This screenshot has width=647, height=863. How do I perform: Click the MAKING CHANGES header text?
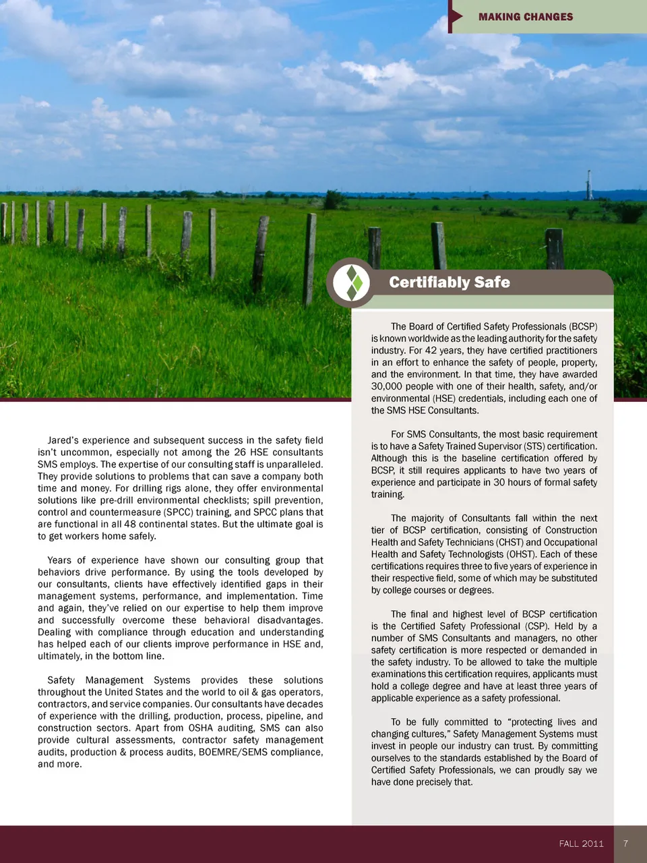(526, 17)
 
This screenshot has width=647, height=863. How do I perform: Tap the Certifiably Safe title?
(450, 282)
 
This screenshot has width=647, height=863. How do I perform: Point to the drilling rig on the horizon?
(589, 185)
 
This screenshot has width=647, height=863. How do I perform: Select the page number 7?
(626, 843)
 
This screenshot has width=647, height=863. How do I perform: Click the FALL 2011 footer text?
(581, 843)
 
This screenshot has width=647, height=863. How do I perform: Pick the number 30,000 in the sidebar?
(386, 386)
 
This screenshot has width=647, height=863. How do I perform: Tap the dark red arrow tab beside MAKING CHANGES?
(456, 16)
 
